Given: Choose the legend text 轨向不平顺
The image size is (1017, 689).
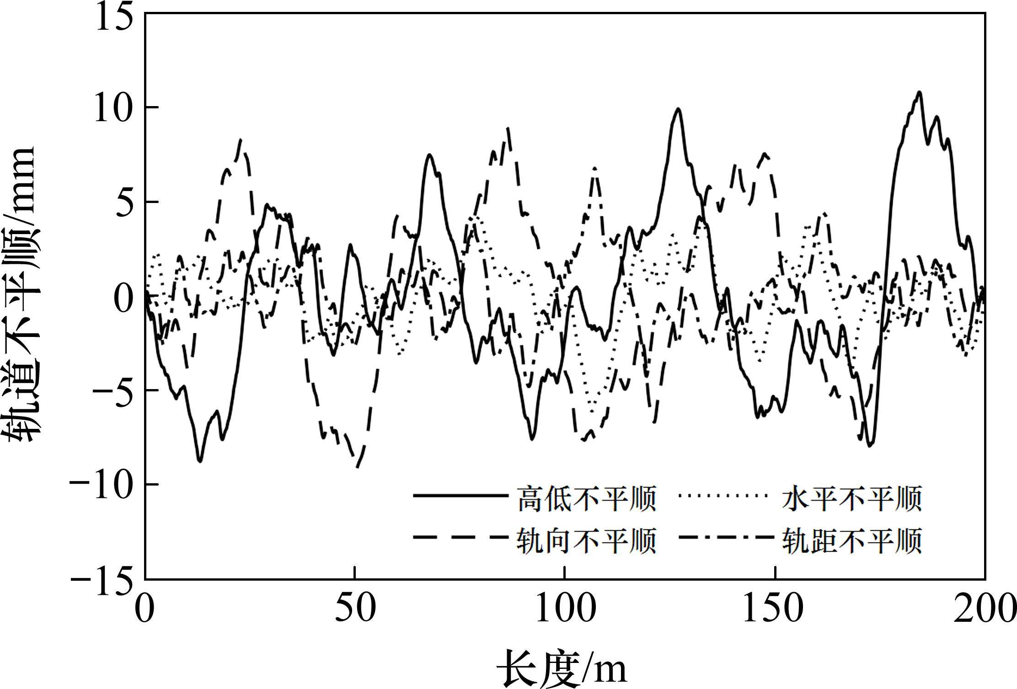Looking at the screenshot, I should (x=586, y=540).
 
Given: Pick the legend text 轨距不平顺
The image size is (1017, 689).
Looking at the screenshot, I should (x=851, y=540).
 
